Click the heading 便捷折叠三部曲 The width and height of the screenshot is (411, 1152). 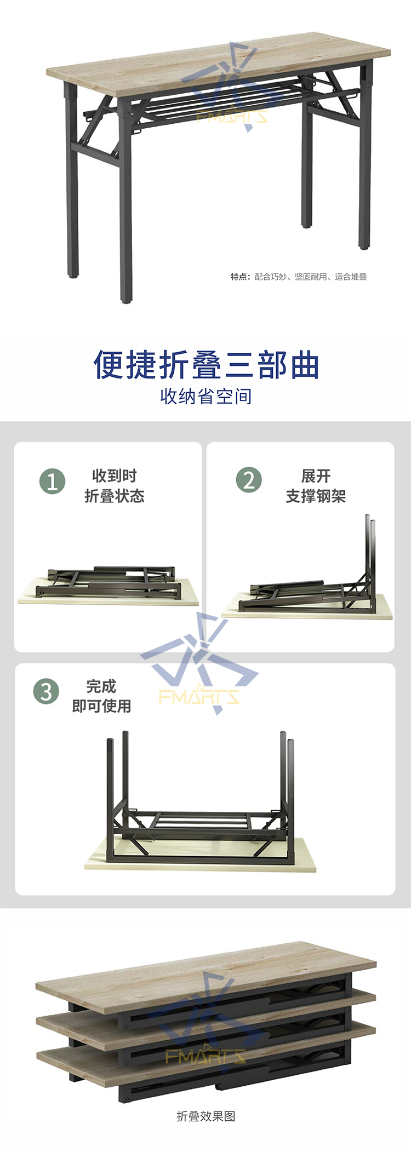[206, 364]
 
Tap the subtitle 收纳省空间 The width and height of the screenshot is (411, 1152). [206, 396]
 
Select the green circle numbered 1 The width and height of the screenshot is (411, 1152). [53, 482]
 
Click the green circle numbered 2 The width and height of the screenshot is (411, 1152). [249, 480]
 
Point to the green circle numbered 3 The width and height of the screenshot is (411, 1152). [46, 691]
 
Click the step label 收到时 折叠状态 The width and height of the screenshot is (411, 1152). [114, 485]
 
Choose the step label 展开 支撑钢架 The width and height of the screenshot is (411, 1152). [316, 485]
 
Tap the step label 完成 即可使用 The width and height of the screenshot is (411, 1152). [101, 696]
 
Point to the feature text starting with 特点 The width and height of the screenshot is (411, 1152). [299, 277]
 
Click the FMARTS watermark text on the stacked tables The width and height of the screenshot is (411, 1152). [205, 1056]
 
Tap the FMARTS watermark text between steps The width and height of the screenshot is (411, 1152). [199, 697]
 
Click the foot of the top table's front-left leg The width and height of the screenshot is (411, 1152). [126, 299]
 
